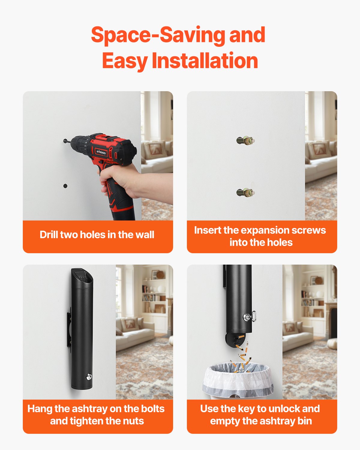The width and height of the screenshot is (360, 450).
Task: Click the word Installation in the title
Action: click(205, 60)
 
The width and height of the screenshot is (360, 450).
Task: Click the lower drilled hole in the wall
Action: click(65, 186)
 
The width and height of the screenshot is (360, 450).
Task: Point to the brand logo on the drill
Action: click(101, 152)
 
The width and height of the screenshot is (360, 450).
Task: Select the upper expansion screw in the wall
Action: click(245, 140)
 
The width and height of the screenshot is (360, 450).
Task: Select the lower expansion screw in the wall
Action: click(245, 192)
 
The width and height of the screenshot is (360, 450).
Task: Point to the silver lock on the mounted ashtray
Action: click(89, 376)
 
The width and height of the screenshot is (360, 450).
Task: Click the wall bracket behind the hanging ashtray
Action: click(69, 330)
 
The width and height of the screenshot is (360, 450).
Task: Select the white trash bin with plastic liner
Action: click(238, 381)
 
